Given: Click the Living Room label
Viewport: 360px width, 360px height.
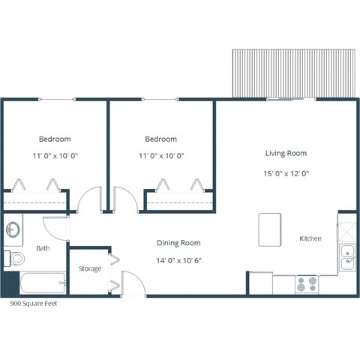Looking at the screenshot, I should pyautogui.click(x=286, y=153).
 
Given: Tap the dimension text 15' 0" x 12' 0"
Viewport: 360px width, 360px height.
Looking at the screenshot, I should pyautogui.click(x=286, y=172).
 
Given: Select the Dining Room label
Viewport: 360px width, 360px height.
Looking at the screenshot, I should pyautogui.click(x=178, y=242).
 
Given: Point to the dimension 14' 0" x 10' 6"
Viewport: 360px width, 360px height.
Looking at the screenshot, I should pyautogui.click(x=178, y=261).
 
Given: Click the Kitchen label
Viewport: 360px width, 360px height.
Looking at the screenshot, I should pyautogui.click(x=310, y=238).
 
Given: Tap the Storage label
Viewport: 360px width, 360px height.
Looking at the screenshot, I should pyautogui.click(x=90, y=268).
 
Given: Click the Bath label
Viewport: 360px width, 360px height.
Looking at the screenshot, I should pyautogui.click(x=43, y=248).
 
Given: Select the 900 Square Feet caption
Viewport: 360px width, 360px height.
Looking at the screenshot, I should pyautogui.click(x=33, y=304).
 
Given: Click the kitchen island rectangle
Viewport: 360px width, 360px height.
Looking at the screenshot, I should pyautogui.click(x=269, y=229).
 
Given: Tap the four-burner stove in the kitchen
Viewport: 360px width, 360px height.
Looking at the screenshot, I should pyautogui.click(x=306, y=284).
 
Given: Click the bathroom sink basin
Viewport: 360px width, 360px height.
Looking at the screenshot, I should pyautogui.click(x=13, y=229).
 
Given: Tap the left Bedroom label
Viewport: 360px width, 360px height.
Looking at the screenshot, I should pyautogui.click(x=55, y=139).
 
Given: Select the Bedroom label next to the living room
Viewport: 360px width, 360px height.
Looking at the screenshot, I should pyautogui.click(x=160, y=139).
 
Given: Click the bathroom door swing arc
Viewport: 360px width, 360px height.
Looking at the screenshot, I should pyautogui.click(x=55, y=228).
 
